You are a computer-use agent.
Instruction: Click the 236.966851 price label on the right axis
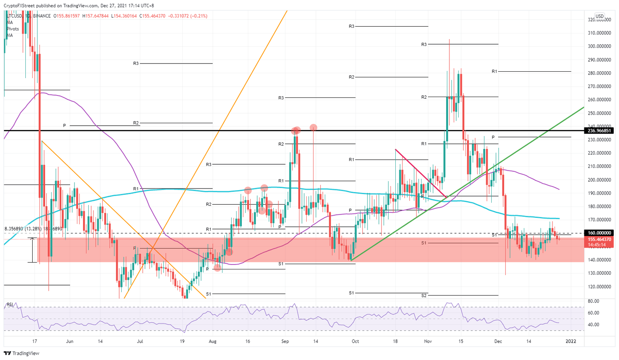[599, 130]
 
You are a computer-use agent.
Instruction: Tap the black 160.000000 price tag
[599, 233]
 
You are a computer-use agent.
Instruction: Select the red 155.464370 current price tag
[599, 239]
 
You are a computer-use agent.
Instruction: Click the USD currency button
[599, 17]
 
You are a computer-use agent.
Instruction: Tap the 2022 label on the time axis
[571, 341]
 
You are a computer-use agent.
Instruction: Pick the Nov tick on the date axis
[428, 341]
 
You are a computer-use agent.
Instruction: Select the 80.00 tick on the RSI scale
[594, 301]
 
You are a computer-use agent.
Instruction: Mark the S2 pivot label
[424, 296]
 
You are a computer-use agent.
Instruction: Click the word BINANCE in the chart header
[42, 16]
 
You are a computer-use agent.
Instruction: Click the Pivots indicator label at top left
[12, 29]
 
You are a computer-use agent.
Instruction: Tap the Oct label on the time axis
[355, 341]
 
